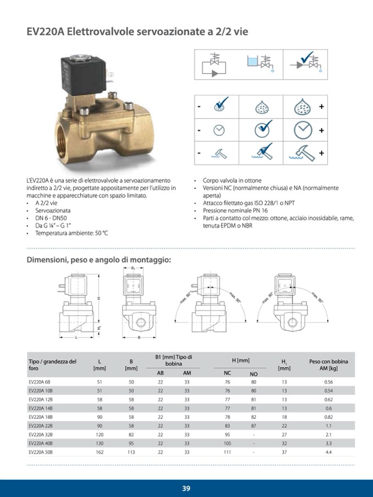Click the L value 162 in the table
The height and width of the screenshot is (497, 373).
100,451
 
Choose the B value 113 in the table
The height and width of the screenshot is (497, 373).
131,451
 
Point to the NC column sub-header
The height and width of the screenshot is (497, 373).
227,373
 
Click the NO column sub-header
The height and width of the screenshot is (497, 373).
254,373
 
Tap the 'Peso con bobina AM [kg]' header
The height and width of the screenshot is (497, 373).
328,365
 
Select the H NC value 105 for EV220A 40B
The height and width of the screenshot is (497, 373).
227,443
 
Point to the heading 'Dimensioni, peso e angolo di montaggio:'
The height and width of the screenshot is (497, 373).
99,260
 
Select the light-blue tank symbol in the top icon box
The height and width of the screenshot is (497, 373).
254,62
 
